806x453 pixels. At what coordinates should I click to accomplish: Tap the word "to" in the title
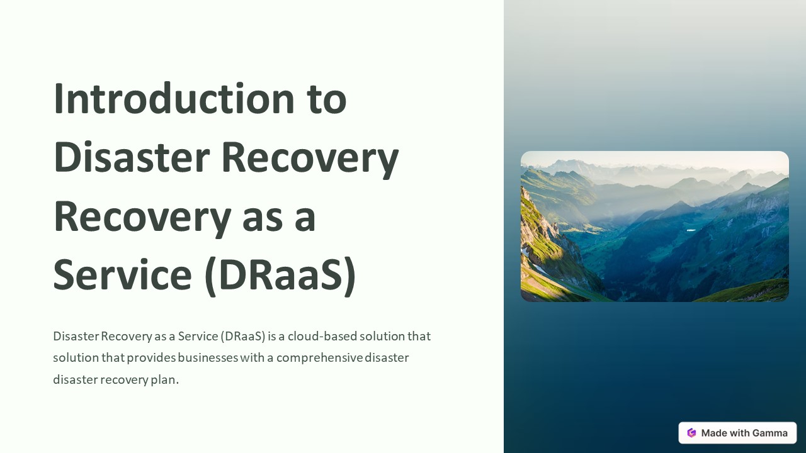pos(326,99)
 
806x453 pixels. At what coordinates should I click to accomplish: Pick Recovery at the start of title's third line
pos(142,216)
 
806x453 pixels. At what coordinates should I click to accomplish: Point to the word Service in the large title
pos(122,275)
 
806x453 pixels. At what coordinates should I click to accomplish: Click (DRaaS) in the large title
pos(281,275)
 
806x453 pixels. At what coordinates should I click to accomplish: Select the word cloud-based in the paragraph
pos(322,336)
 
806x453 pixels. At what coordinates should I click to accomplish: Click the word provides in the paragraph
pos(151,358)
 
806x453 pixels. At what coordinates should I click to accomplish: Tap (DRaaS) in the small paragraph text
pos(243,336)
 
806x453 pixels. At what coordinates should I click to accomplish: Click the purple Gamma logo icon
pos(691,433)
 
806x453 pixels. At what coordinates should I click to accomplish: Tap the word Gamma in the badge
pos(769,433)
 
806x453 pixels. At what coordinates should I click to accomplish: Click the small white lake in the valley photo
pos(691,230)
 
